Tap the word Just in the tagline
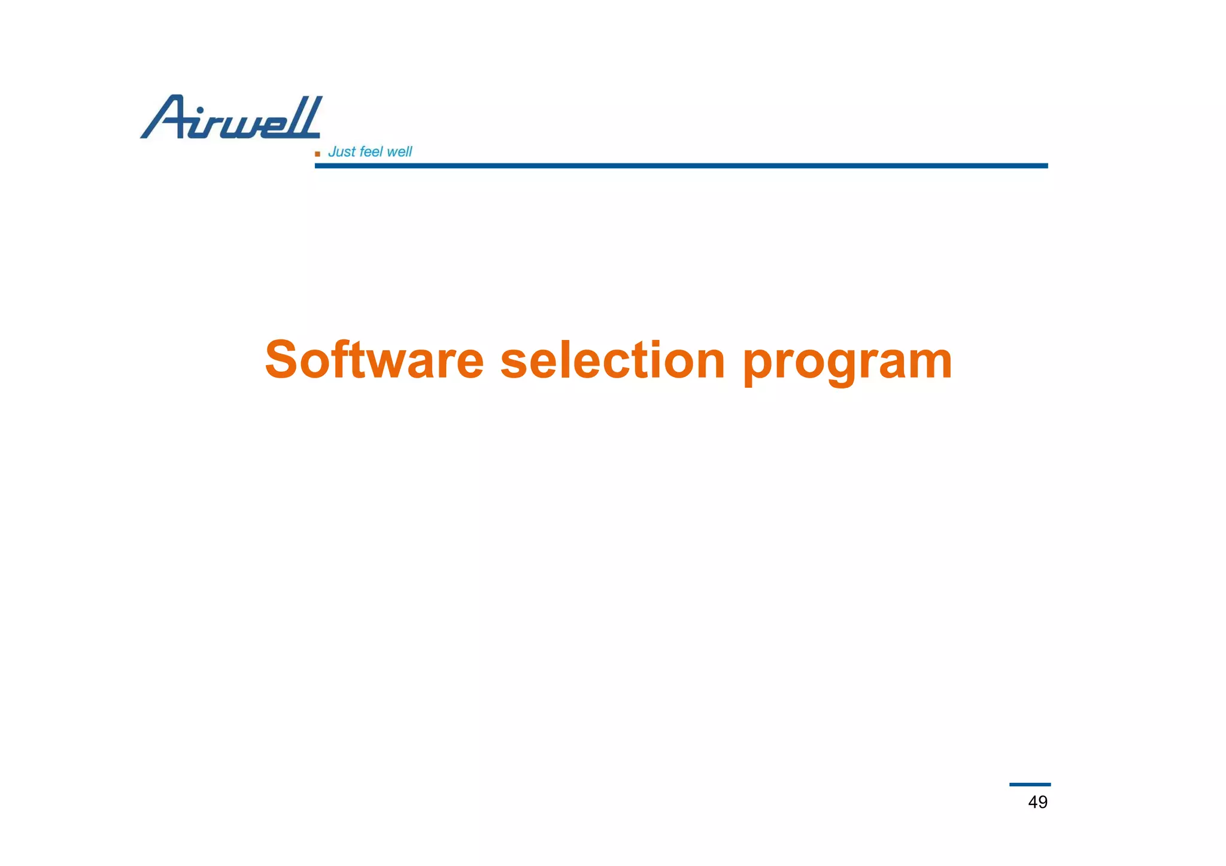coord(342,152)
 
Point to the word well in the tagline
coord(399,152)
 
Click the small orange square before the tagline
coord(317,154)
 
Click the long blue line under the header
coord(681,166)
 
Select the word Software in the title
coord(374,360)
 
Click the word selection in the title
coord(612,360)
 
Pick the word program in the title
coord(846,363)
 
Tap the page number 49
coord(1037,802)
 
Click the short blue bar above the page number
coord(1030,785)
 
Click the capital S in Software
coord(281,360)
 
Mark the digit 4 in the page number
coord(1033,802)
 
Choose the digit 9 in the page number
coord(1043,802)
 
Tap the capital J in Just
coord(332,152)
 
